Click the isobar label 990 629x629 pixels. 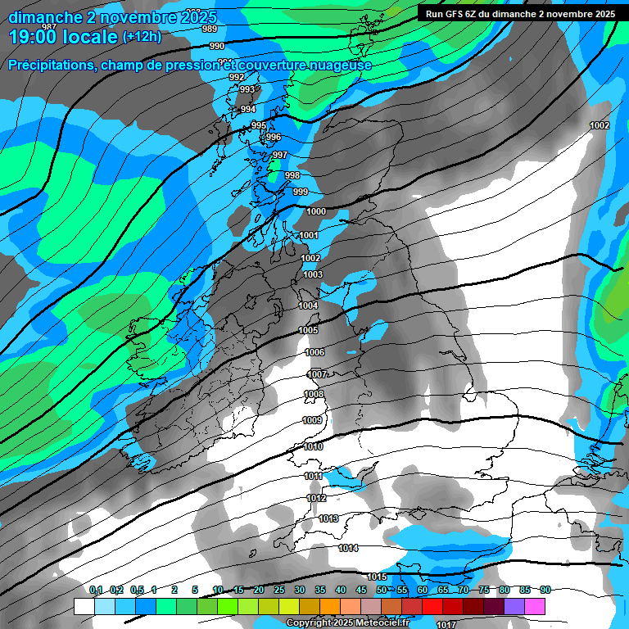(216, 47)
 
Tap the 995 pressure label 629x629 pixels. (258, 125)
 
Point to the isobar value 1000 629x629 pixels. (316, 211)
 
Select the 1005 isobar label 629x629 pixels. (308, 330)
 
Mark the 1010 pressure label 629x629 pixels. (313, 447)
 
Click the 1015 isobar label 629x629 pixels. (376, 577)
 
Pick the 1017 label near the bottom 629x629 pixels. (446, 602)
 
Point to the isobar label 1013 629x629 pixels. (329, 519)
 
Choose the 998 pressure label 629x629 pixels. (292, 176)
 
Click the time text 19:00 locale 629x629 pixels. (62, 35)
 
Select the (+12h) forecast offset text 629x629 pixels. (143, 37)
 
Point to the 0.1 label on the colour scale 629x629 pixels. (95, 591)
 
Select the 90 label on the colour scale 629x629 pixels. (545, 591)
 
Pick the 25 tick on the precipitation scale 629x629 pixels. (279, 591)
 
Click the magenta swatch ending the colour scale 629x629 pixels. (535, 606)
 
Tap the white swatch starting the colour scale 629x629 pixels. (84, 606)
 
